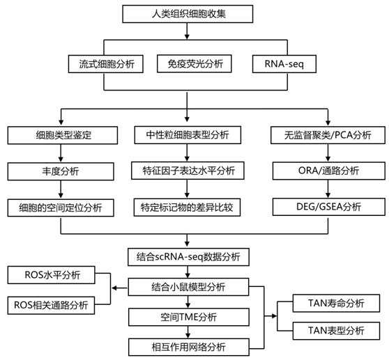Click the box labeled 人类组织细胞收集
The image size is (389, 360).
tap(188, 14)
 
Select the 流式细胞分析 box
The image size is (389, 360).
tap(106, 64)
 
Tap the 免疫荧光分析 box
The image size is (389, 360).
tap(194, 63)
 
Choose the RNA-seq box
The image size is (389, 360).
tap(284, 64)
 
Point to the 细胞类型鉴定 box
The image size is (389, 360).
tap(63, 135)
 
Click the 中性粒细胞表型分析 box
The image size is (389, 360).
tap(188, 135)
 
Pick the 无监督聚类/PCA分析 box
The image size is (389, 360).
tap(328, 135)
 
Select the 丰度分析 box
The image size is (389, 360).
tap(61, 171)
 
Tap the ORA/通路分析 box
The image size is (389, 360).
tap(329, 171)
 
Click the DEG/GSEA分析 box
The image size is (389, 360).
tap(329, 207)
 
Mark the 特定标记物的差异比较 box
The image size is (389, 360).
tap(187, 208)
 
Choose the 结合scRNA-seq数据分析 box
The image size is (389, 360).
tap(188, 257)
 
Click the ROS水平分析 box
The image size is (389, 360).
tap(52, 275)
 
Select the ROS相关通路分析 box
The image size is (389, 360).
tap(51, 305)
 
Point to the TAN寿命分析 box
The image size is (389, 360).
tap(336, 304)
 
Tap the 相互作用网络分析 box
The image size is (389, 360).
tap(189, 347)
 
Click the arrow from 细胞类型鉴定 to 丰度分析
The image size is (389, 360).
tap(61, 153)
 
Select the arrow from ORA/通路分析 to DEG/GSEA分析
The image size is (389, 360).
tap(328, 189)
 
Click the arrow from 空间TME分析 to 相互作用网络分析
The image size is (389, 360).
tap(188, 332)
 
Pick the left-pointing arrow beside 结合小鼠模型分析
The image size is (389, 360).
tap(119, 288)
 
